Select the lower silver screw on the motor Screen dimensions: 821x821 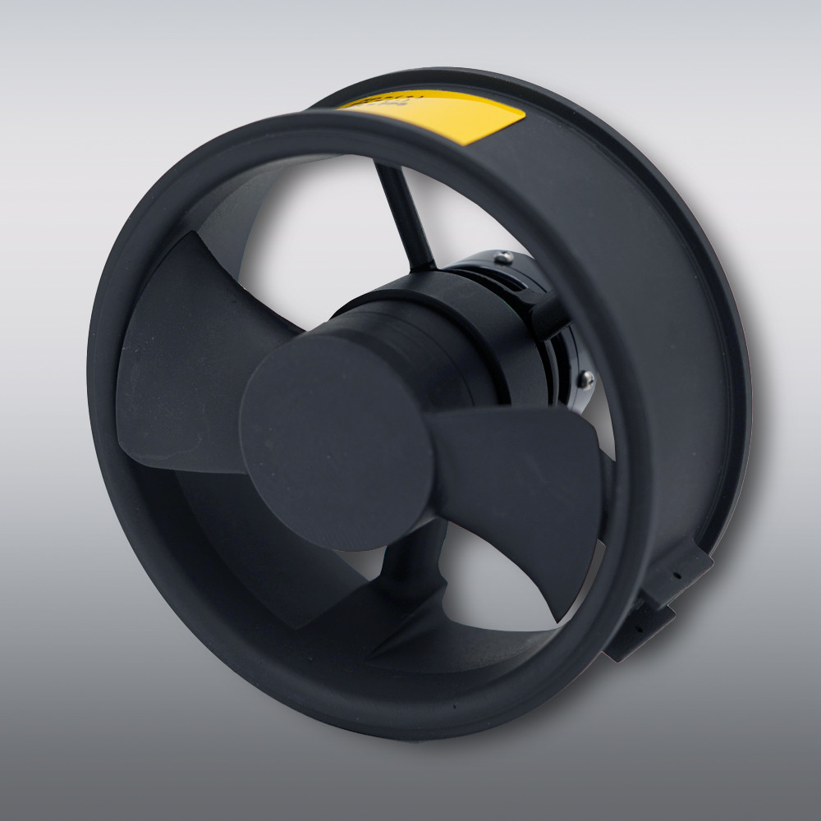[x=585, y=378]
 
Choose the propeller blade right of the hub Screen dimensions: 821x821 [x=525, y=484]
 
